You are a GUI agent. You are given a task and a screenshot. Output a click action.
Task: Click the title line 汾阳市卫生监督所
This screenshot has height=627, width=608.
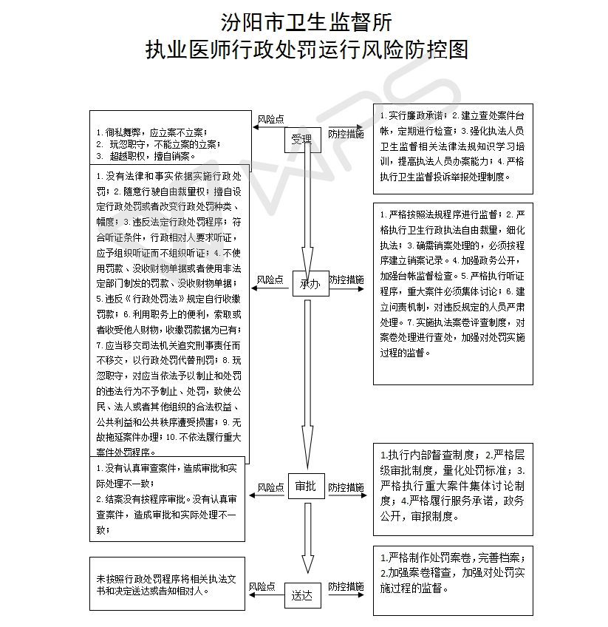coord(303,21)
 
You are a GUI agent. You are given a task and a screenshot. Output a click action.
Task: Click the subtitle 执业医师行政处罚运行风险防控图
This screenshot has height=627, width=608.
coord(303,50)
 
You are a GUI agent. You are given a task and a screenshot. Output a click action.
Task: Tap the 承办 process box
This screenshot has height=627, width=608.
coord(309,283)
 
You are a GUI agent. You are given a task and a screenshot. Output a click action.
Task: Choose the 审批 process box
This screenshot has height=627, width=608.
coord(306,486)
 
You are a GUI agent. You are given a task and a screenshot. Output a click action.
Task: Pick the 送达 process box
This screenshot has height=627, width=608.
coord(302,594)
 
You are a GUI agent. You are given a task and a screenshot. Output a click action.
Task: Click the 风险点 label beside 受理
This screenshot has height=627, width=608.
coord(270,119)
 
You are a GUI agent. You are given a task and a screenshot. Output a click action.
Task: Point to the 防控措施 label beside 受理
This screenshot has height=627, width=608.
coord(346,135)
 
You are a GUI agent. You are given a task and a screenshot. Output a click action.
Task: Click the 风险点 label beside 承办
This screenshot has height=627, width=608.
coord(270,280)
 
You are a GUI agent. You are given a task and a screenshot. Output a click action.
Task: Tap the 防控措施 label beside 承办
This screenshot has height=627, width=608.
coord(346,280)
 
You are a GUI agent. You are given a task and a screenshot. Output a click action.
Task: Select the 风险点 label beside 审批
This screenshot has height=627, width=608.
coord(270,487)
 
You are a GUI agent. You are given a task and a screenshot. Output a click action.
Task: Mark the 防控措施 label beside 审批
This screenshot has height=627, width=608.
coord(346,487)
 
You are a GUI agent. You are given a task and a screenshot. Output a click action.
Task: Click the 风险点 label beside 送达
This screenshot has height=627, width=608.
coord(262,586)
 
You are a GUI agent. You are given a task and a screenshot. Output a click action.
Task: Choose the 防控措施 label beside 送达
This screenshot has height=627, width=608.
coord(346,586)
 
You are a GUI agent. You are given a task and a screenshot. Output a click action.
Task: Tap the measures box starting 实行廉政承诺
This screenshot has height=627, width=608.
coord(452,146)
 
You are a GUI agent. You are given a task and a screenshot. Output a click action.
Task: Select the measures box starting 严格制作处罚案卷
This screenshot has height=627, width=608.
coord(452,580)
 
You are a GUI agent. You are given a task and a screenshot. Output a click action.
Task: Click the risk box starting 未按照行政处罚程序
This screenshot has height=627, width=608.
coord(166,584)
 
